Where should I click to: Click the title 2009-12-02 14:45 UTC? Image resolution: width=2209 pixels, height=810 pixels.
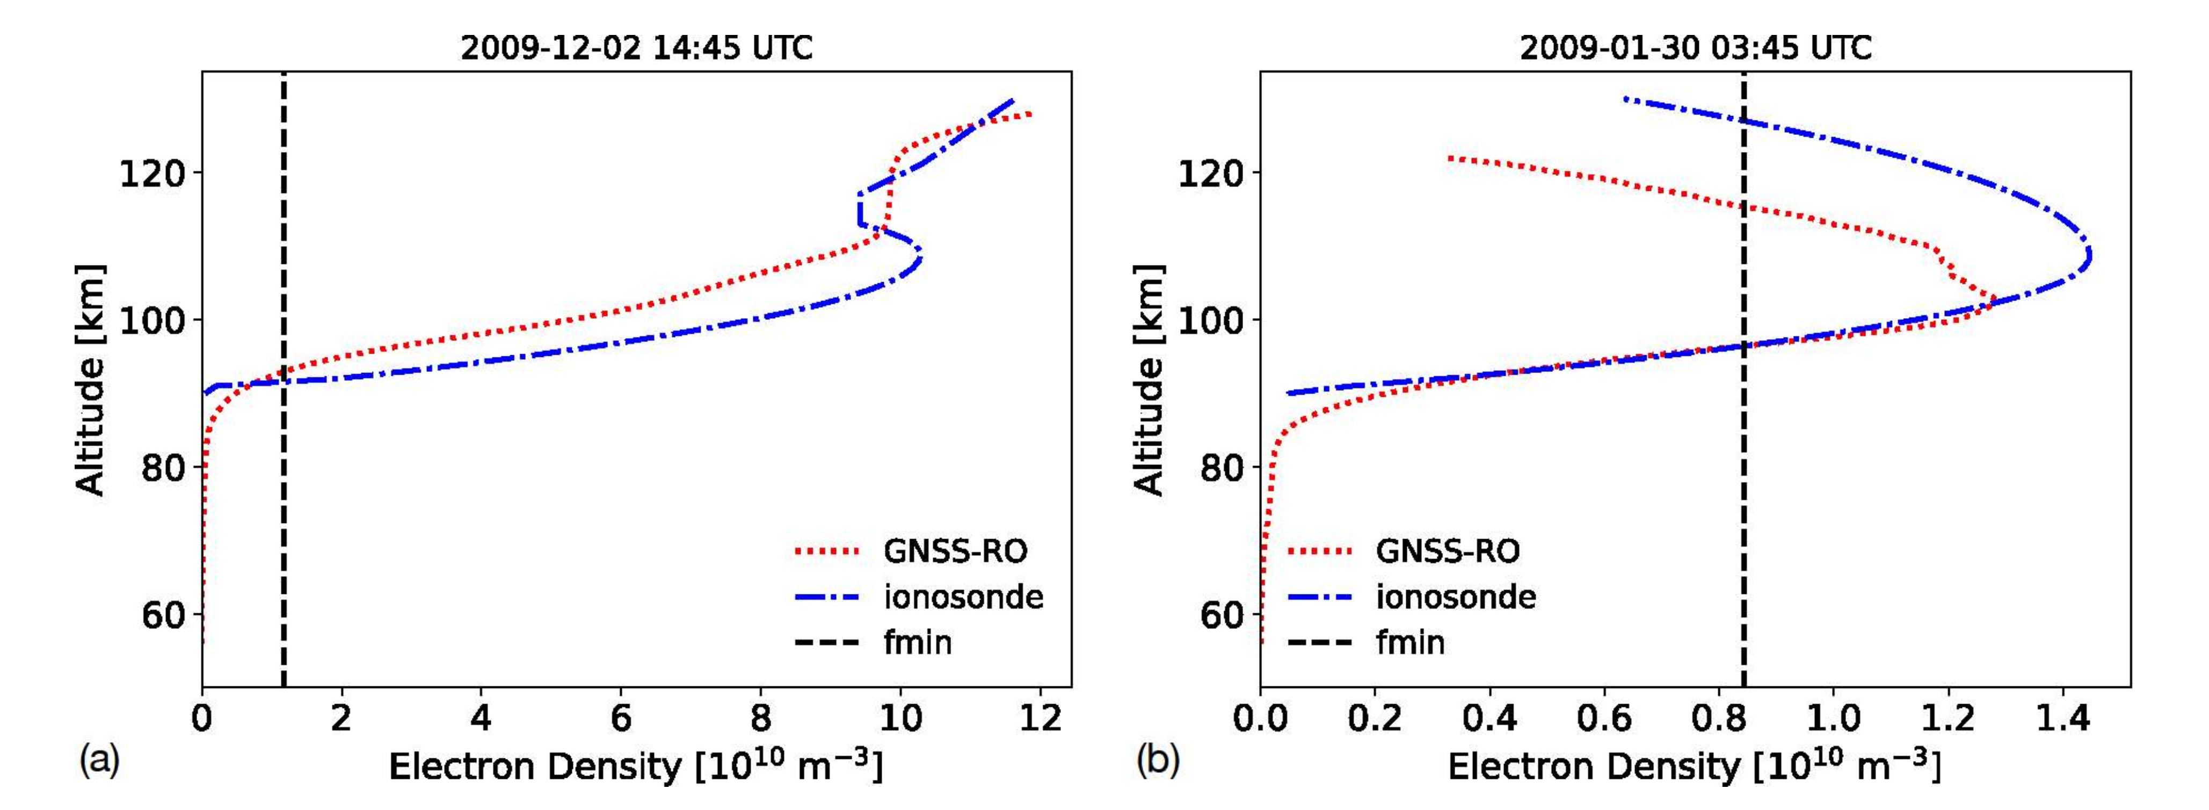(636, 47)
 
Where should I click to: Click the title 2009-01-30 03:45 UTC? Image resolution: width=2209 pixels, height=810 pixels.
(1695, 47)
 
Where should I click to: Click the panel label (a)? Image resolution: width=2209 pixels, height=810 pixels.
(99, 759)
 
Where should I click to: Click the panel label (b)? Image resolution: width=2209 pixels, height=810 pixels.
(1158, 759)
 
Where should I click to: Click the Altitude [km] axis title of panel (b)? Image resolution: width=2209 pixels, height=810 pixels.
(1149, 379)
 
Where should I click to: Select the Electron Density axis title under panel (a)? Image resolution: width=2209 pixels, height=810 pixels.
(635, 765)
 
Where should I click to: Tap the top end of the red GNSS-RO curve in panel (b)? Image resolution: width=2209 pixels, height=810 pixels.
(1449, 158)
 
